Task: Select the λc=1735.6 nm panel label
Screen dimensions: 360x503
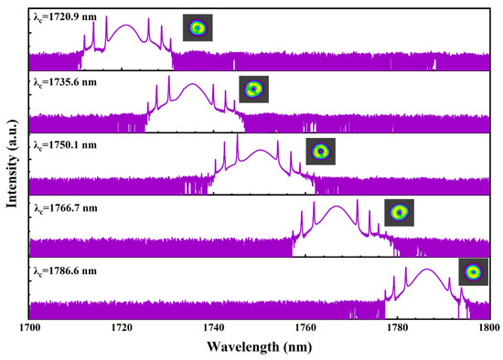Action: pyautogui.click(x=63, y=81)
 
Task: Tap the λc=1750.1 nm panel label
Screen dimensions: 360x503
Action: pyautogui.click(x=63, y=143)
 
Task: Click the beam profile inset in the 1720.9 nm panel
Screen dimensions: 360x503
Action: pyautogui.click(x=196, y=28)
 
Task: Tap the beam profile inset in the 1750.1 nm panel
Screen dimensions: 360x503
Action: pyautogui.click(x=320, y=151)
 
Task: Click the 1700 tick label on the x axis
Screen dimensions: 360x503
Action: pyautogui.click(x=30, y=326)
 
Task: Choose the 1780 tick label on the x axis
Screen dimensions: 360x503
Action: pyautogui.click(x=398, y=326)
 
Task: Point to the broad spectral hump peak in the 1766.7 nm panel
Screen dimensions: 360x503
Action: pyautogui.click(x=337, y=207)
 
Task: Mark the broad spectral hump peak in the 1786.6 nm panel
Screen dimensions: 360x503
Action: pyautogui.click(x=427, y=270)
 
